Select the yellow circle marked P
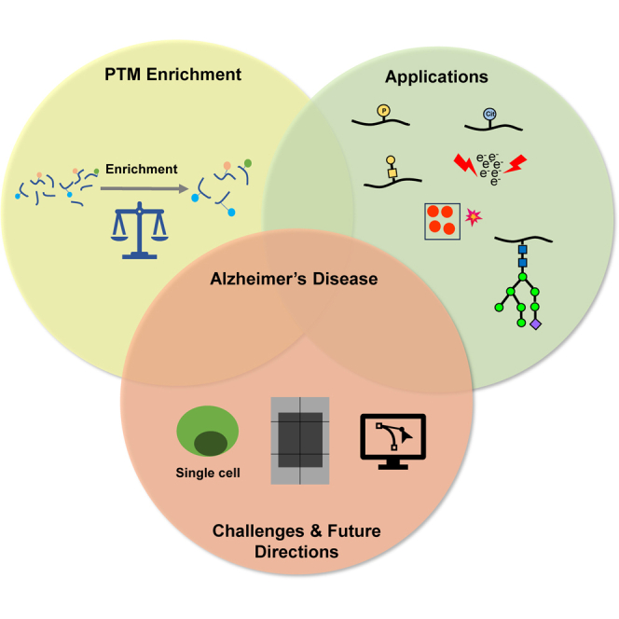point(382,111)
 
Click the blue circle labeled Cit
point(490,115)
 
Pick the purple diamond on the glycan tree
point(535,324)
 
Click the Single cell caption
point(208,473)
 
